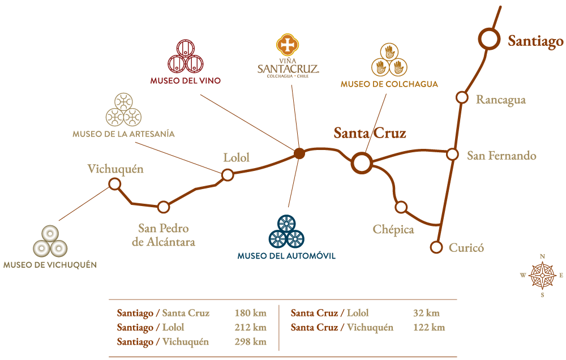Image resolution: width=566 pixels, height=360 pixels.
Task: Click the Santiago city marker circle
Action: (489, 40)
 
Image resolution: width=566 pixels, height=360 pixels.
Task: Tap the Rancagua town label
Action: (500, 100)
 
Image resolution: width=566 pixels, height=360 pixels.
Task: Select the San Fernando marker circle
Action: (452, 154)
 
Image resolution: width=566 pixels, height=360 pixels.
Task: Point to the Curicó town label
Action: (466, 247)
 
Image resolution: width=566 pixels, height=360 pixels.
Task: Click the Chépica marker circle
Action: (401, 207)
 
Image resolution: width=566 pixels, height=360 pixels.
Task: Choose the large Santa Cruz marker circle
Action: (361, 163)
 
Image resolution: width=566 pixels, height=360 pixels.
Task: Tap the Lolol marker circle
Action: (228, 175)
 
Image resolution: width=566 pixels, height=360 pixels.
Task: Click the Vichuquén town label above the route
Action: (115, 169)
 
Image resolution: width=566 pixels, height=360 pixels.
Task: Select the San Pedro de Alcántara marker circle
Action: (164, 207)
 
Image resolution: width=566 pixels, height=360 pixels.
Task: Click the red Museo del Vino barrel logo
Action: (185, 57)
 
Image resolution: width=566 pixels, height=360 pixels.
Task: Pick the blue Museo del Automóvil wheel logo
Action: (286, 232)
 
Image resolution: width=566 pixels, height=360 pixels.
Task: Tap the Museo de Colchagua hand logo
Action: (389, 60)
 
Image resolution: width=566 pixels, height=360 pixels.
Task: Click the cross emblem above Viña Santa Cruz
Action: (288, 45)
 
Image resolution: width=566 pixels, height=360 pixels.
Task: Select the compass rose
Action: (542, 276)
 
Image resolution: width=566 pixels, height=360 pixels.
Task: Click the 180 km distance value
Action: (250, 313)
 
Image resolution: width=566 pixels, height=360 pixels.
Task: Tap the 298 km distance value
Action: (250, 342)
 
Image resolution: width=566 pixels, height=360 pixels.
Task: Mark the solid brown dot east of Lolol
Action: (299, 153)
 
